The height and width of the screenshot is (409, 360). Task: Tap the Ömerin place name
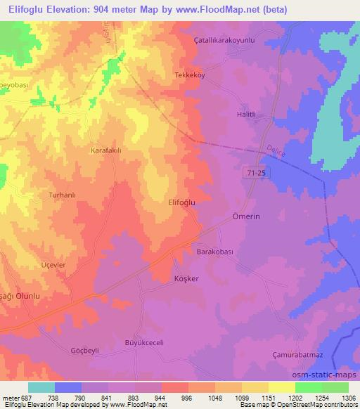246,217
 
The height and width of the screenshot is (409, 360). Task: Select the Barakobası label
214,251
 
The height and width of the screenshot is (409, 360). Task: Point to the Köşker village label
187,279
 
